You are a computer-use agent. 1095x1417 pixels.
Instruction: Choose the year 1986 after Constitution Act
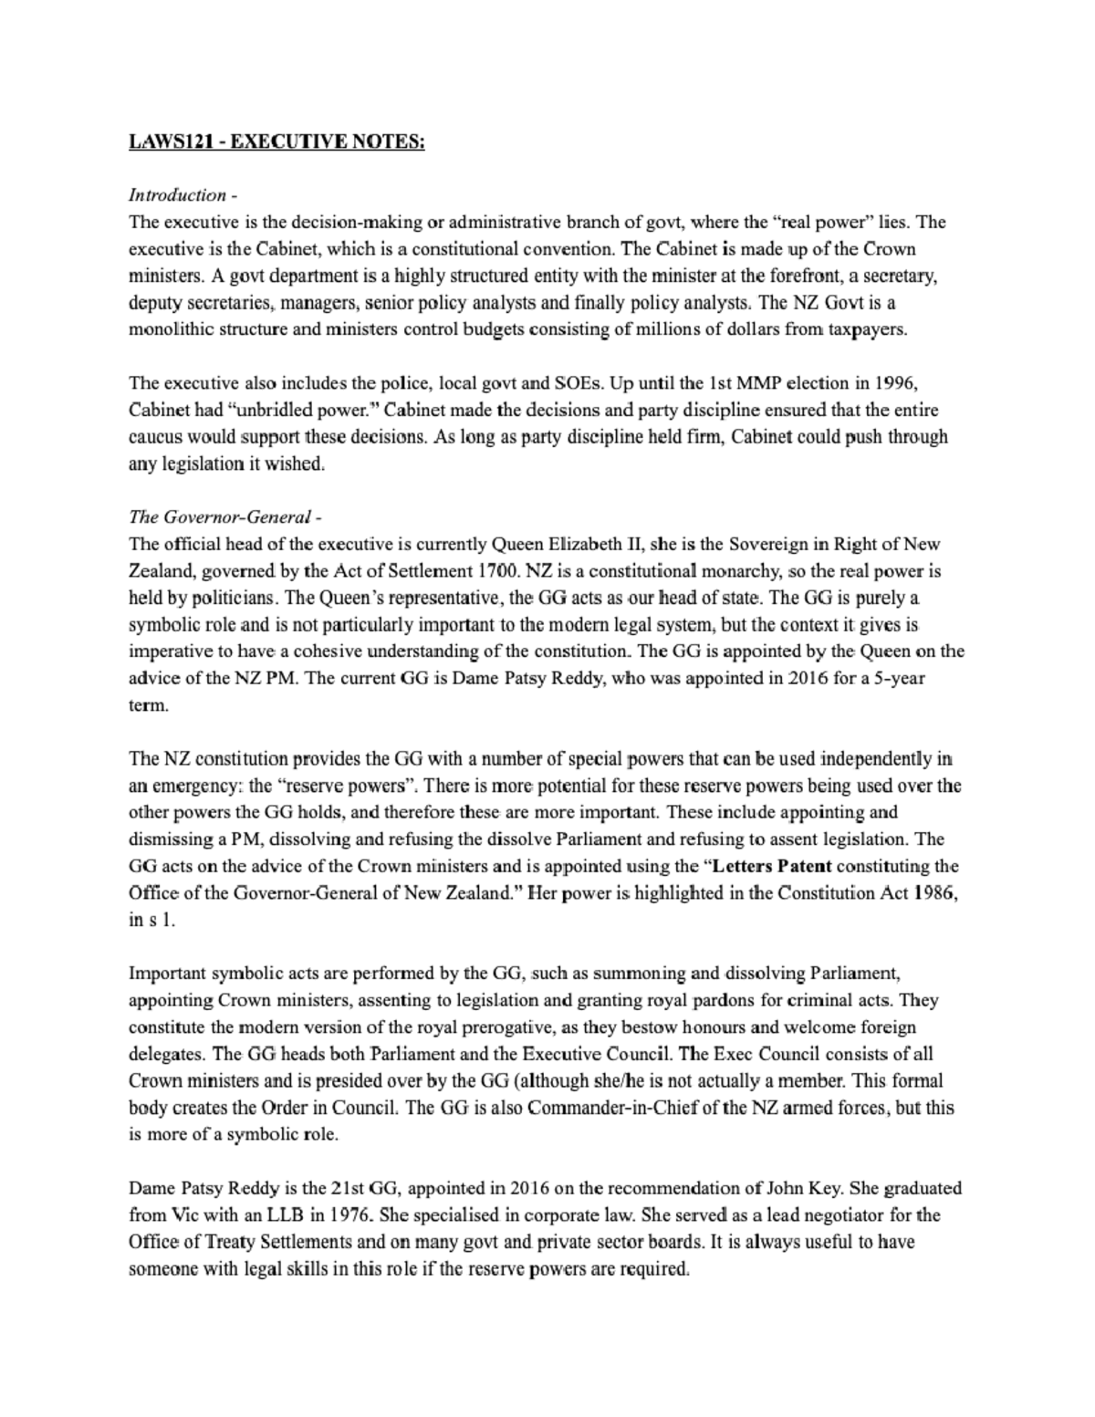click(933, 892)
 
